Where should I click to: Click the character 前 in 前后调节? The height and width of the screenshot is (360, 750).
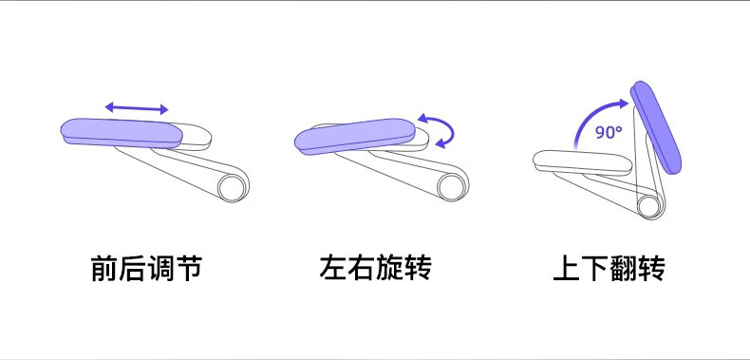click(104, 268)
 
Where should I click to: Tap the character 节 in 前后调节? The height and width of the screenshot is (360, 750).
click(189, 268)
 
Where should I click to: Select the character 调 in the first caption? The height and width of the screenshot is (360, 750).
click(160, 268)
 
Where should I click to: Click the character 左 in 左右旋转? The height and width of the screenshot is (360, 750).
click(333, 268)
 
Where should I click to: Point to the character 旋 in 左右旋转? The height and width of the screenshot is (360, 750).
click(390, 268)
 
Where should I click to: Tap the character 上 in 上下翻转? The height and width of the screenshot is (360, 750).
click(567, 268)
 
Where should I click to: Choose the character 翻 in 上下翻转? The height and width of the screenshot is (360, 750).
click(623, 268)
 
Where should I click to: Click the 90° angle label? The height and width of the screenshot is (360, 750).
click(609, 132)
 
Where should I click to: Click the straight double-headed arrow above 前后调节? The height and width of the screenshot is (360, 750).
click(137, 108)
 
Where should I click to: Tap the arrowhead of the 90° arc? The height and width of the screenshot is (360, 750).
click(622, 103)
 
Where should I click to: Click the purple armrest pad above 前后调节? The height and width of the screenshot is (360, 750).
click(122, 133)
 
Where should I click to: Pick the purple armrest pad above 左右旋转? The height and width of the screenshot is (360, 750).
click(355, 137)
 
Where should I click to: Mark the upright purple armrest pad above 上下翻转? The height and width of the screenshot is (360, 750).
click(656, 127)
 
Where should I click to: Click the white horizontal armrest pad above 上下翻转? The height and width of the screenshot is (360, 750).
click(582, 162)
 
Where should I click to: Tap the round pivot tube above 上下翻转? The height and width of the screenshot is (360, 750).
click(649, 206)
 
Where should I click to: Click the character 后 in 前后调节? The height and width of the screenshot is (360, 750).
click(133, 268)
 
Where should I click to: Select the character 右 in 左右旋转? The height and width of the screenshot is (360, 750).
click(362, 268)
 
